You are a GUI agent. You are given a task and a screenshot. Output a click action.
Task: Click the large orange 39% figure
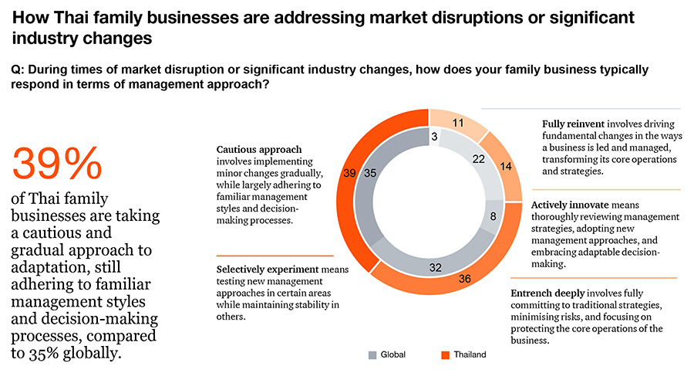click(58, 164)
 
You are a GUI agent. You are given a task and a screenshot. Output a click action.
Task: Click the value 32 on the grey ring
click(435, 267)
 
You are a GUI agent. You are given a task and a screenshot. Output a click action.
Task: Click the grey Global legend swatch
click(372, 355)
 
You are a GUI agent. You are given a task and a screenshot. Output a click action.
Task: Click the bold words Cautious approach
click(258, 150)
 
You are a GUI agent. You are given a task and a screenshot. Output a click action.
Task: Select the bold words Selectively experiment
click(266, 270)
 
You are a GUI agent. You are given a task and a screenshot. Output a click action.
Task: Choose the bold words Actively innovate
click(568, 205)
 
